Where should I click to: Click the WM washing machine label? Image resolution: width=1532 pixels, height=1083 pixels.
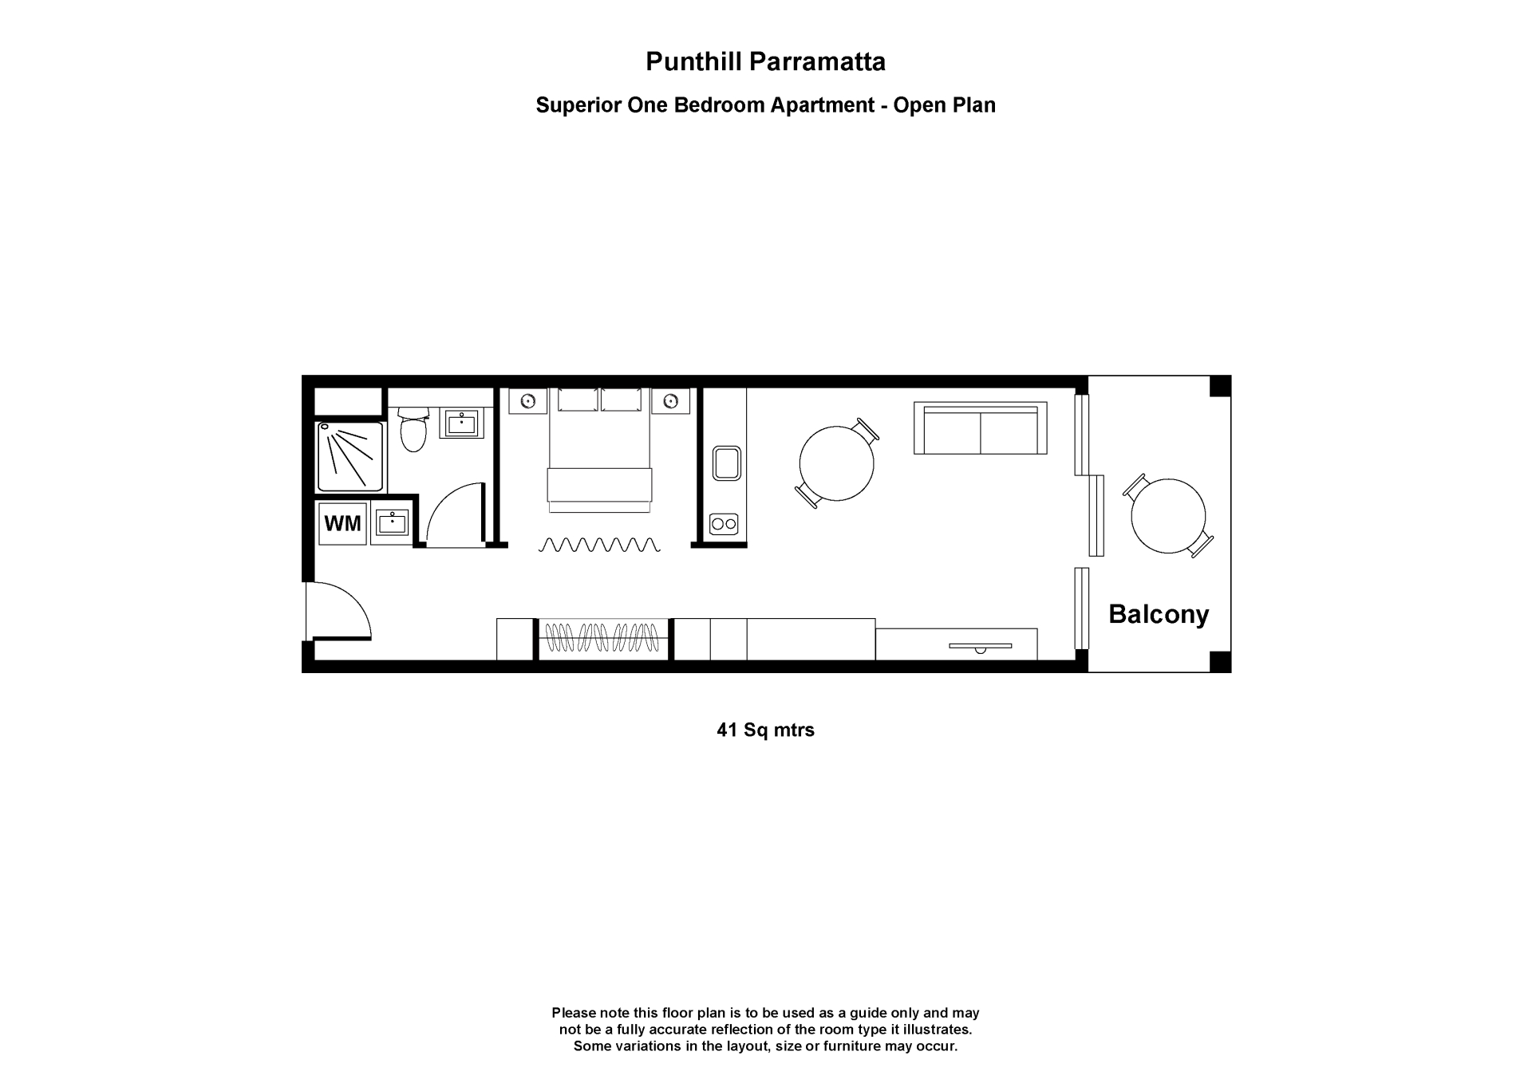pyautogui.click(x=342, y=523)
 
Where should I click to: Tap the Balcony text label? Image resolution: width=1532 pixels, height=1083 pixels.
pyautogui.click(x=1159, y=614)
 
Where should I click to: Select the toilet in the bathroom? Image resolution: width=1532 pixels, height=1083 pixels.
pyautogui.click(x=413, y=431)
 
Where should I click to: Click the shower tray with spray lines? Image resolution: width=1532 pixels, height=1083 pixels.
pyautogui.click(x=350, y=456)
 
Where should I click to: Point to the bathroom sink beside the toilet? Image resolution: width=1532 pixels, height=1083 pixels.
pyautogui.click(x=461, y=423)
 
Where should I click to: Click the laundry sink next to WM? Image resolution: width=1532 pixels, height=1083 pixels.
pyautogui.click(x=392, y=523)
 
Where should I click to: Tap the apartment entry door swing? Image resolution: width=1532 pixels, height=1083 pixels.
pyautogui.click(x=339, y=610)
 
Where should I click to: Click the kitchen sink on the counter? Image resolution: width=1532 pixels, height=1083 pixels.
pyautogui.click(x=726, y=463)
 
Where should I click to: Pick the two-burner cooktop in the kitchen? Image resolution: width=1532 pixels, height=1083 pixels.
pyautogui.click(x=724, y=524)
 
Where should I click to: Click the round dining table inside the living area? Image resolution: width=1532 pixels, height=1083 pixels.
pyautogui.click(x=836, y=463)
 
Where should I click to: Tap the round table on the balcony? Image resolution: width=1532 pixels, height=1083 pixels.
pyautogui.click(x=1168, y=516)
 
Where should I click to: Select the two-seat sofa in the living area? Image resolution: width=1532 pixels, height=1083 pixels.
pyautogui.click(x=980, y=428)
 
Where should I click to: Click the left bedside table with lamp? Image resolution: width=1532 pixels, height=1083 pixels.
pyautogui.click(x=527, y=400)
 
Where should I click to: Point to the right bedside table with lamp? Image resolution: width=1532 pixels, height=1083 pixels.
pyautogui.click(x=670, y=400)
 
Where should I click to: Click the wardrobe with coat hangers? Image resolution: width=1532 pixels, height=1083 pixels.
pyautogui.click(x=602, y=638)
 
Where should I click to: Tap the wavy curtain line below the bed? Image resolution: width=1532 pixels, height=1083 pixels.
pyautogui.click(x=600, y=545)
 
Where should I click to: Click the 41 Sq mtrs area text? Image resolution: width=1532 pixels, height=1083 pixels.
pyautogui.click(x=765, y=730)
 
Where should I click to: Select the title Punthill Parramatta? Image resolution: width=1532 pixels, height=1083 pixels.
pyautogui.click(x=765, y=61)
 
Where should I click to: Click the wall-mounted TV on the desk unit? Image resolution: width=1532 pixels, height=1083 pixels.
pyautogui.click(x=980, y=646)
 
